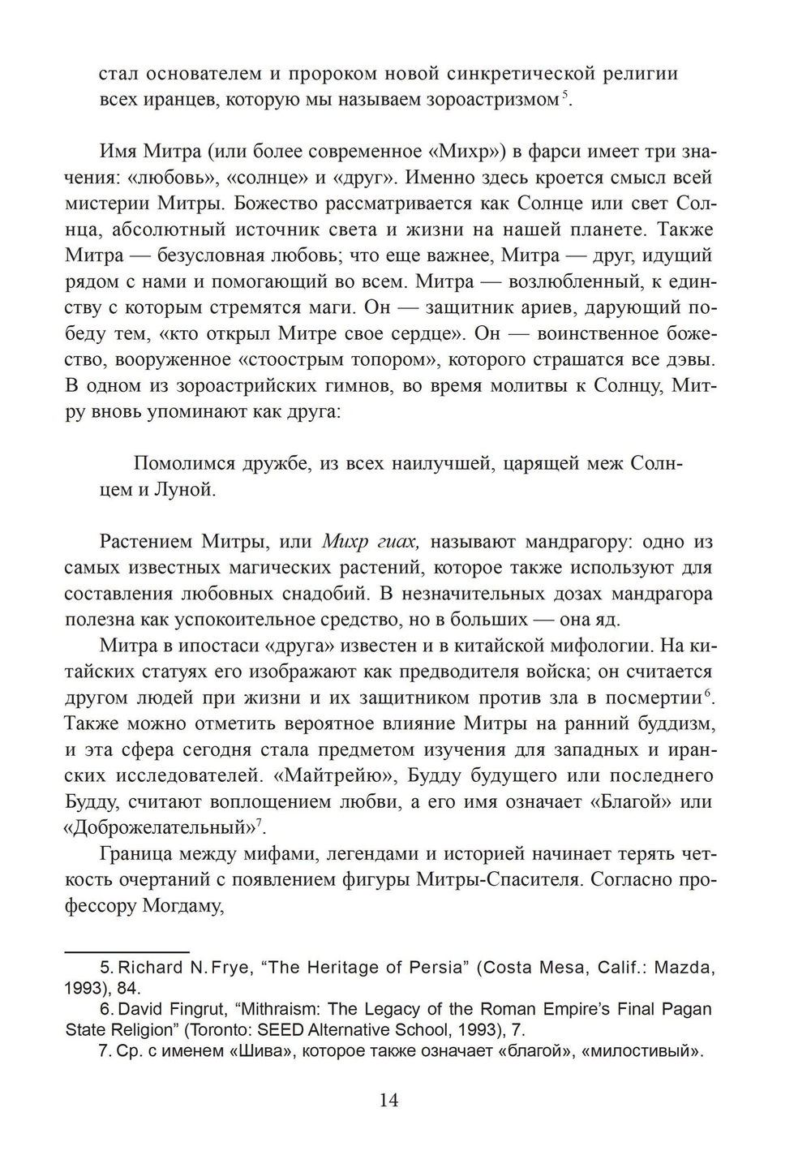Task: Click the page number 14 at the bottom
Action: point(388,1101)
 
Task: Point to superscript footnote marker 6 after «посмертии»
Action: point(708,693)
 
